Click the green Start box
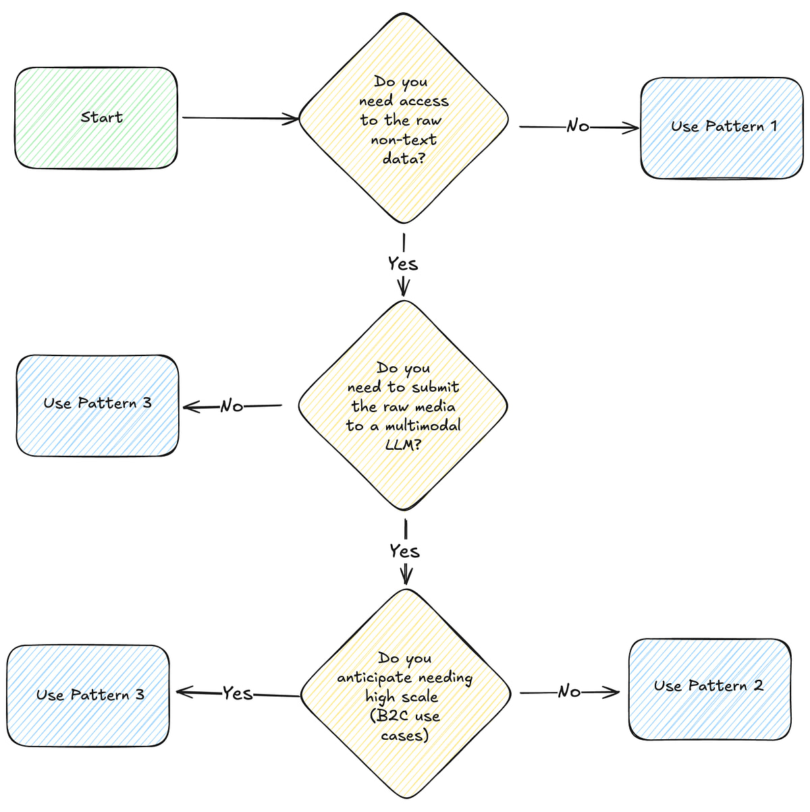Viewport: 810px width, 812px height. [x=96, y=118]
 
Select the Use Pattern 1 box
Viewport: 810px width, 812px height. [x=722, y=128]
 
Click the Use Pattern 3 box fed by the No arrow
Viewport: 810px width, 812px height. [x=97, y=405]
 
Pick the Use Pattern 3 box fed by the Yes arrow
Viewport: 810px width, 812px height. [x=88, y=696]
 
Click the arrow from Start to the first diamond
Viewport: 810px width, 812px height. [x=240, y=119]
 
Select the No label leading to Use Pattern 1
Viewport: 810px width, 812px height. [x=578, y=126]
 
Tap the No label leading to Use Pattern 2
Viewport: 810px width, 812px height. [x=569, y=691]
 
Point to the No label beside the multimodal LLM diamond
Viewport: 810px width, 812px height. [x=232, y=406]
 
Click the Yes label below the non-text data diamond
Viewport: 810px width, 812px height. [x=403, y=264]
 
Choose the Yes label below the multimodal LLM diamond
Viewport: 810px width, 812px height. [x=404, y=551]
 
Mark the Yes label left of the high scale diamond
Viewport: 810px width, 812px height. [x=238, y=693]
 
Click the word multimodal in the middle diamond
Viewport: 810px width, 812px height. [x=423, y=426]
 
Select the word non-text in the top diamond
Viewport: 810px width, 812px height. [x=404, y=140]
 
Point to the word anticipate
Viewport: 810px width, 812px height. [x=374, y=678]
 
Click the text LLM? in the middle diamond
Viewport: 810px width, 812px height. [x=403, y=445]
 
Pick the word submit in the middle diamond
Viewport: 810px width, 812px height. [x=434, y=387]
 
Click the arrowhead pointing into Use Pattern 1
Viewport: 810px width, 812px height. [x=632, y=127]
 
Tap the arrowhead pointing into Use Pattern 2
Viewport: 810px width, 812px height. [x=612, y=692]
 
